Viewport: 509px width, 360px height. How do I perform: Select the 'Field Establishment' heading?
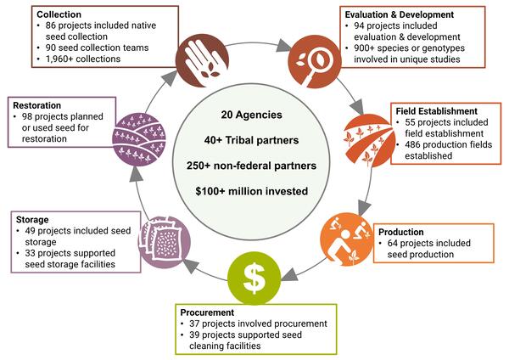coord(435,110)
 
